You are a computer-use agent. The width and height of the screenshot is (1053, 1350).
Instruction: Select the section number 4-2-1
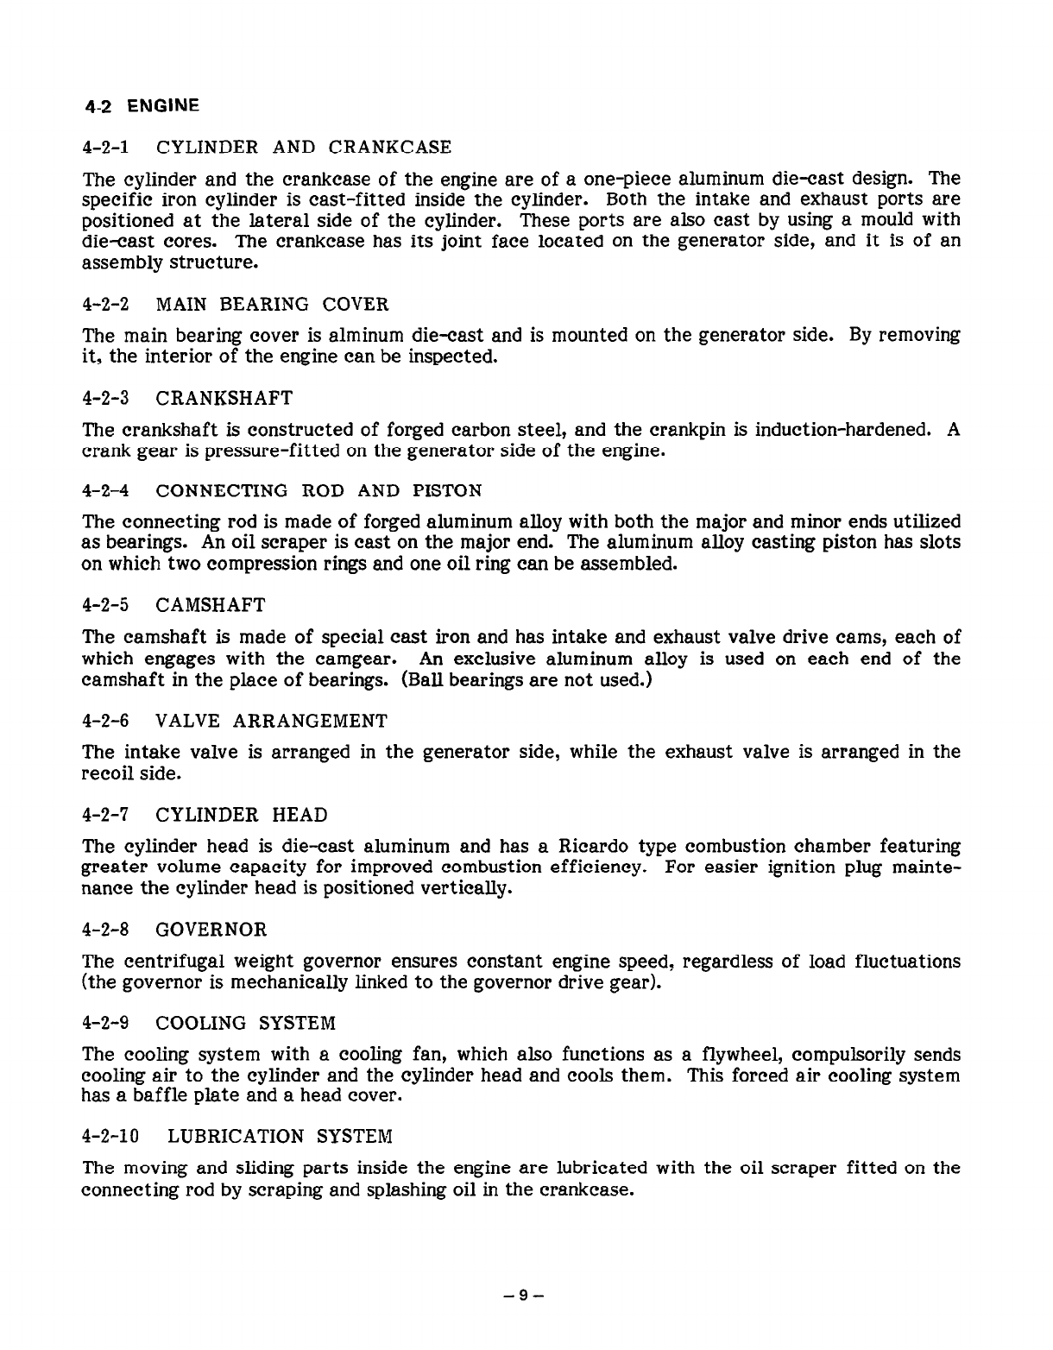[105, 147]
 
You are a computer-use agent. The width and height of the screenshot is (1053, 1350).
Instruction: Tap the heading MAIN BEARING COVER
[272, 304]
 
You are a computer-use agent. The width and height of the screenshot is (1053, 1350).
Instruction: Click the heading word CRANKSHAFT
[224, 398]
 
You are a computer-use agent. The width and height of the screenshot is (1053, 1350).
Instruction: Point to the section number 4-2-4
[105, 491]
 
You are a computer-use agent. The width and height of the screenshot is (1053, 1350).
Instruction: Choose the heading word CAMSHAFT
[211, 604]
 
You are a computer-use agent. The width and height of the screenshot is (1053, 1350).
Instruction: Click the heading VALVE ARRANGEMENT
[272, 721]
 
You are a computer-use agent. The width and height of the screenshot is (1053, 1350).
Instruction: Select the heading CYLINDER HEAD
[242, 815]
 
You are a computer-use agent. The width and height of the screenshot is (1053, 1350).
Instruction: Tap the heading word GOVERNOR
[211, 930]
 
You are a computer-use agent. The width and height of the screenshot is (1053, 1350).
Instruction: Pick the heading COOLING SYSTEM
[245, 1023]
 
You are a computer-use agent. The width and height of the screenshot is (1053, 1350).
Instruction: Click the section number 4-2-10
[111, 1136]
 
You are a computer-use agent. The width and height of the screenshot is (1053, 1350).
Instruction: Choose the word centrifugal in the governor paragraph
[181, 961]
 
